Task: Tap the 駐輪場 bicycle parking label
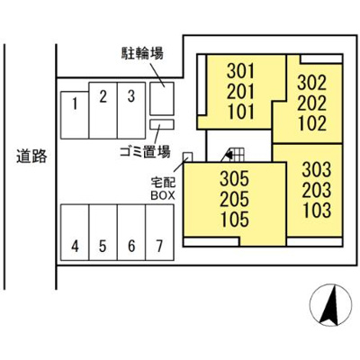click(143, 54)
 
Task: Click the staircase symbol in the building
click(235, 155)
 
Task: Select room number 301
click(241, 70)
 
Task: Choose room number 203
click(316, 190)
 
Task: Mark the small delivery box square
click(187, 157)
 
